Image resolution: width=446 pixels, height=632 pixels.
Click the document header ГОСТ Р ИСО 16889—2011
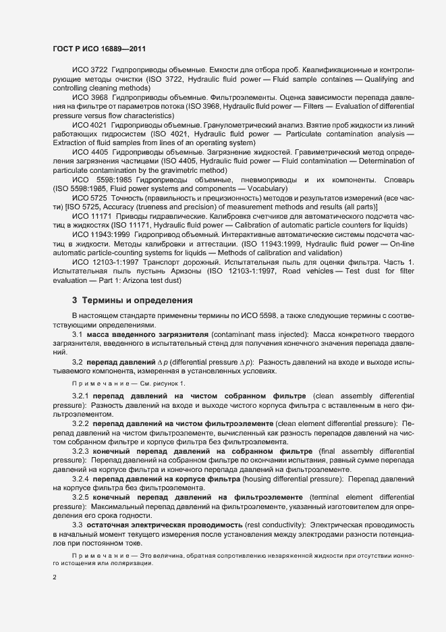99,50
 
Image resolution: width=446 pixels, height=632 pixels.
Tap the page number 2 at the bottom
55,578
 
